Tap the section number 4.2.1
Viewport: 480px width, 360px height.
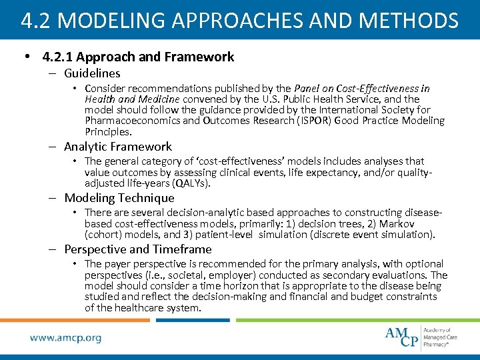56,57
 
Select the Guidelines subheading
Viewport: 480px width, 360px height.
92,73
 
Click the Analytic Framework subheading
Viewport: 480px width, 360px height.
118,147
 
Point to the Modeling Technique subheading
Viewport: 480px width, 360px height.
119,198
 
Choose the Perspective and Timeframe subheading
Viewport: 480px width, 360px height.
138,249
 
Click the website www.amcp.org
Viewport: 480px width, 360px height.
65,338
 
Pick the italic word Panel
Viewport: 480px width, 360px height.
308,88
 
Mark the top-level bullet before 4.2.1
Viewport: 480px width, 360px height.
26,57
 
